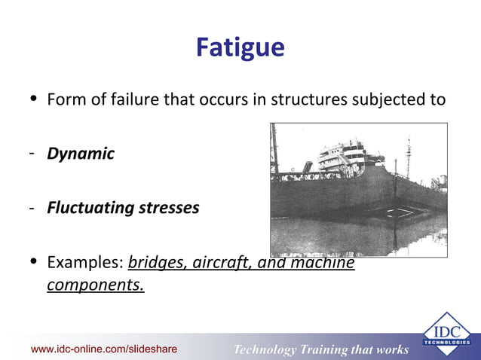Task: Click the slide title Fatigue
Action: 240,48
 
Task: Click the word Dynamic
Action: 81,154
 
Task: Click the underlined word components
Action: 96,285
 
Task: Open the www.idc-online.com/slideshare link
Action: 104,349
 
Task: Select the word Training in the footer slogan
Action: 329,349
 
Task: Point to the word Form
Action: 65,99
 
